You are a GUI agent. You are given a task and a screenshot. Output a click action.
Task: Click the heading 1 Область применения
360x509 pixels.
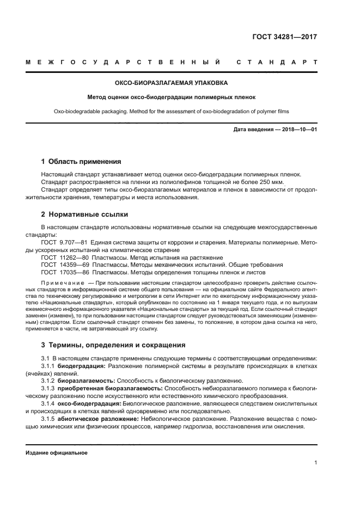81,162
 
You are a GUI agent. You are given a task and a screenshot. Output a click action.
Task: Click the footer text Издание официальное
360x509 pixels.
57,452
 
